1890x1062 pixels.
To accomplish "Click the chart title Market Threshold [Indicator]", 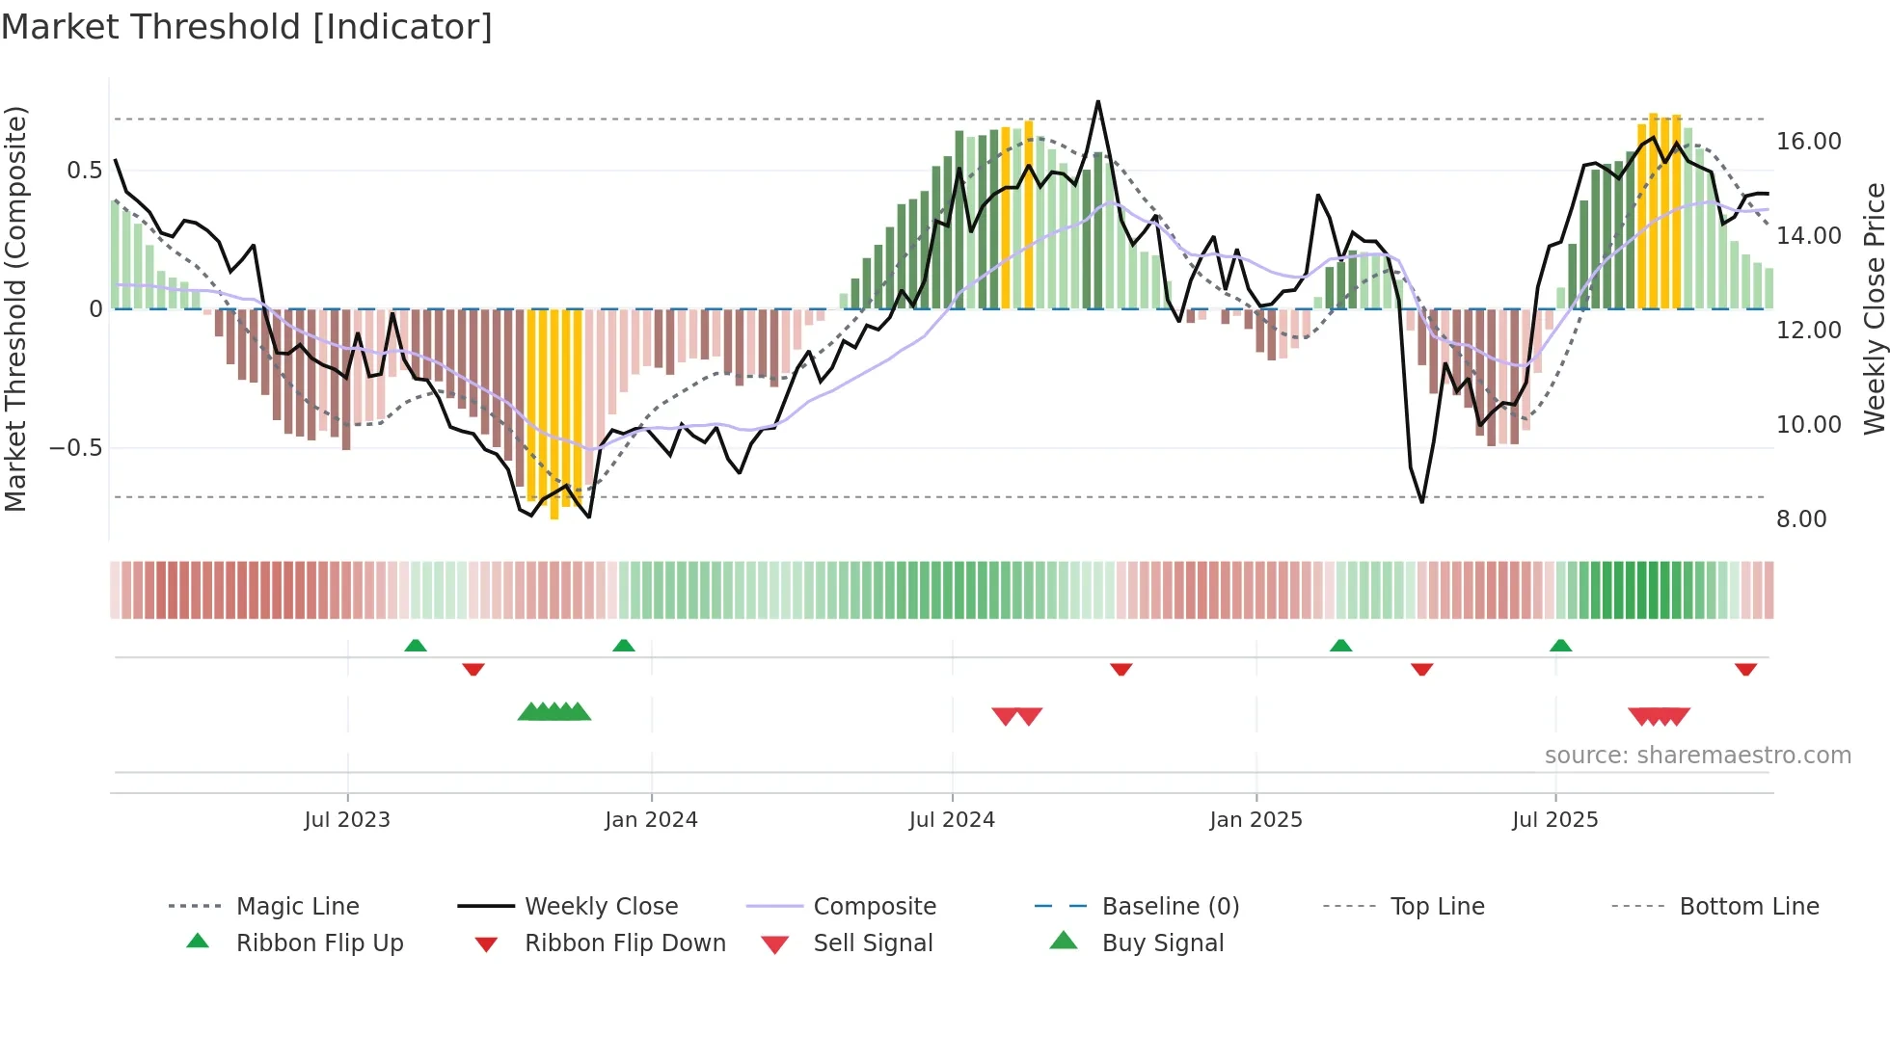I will point(247,27).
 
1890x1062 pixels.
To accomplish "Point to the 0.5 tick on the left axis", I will point(84,171).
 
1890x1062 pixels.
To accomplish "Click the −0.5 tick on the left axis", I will point(75,448).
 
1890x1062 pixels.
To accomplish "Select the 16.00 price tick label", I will point(1809,142).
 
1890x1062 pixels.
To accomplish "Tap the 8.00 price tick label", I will point(1801,519).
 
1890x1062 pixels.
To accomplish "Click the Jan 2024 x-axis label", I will point(651,820).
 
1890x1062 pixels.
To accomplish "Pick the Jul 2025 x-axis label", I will point(1554,820).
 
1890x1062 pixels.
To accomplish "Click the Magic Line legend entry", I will point(297,907).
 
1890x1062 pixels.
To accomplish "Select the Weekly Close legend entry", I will point(601,907).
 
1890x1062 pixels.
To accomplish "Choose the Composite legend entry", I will point(875,907).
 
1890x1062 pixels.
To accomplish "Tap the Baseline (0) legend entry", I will point(1170,907).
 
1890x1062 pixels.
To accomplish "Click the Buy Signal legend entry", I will point(1162,943).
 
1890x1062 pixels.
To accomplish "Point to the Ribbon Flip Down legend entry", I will point(624,943).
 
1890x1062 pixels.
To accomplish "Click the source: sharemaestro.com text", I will point(1697,756).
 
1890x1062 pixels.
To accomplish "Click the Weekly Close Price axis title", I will point(1874,308).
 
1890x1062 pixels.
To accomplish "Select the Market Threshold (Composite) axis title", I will point(15,308).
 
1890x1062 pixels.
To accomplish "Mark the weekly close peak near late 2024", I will point(1097,102).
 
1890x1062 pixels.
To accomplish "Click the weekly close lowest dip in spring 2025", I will point(1421,501).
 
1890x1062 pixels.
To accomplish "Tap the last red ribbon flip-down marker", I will point(1745,669).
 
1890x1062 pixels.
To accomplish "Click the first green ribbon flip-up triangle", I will point(416,646).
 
